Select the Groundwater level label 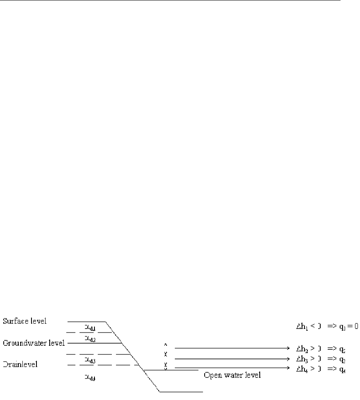[34, 343]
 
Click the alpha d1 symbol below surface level [90, 328]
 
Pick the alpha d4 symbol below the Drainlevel [90, 378]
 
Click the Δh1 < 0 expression [305, 325]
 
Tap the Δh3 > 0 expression [305, 359]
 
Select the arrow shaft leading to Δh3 [228, 359]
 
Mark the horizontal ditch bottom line [181, 391]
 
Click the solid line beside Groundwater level [93, 343]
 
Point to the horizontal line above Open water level [170, 370]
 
